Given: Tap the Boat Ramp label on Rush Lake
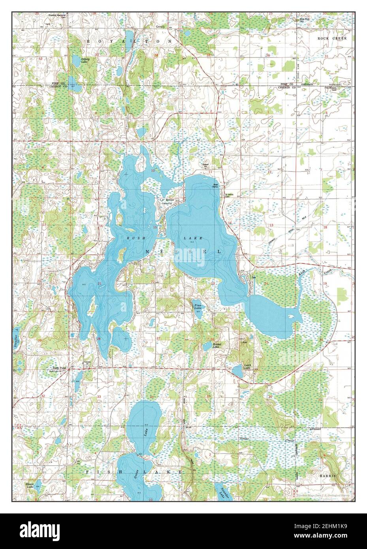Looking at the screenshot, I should (216, 186).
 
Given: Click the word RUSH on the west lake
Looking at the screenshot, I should (134, 238).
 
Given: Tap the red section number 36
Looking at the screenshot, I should (268, 55).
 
